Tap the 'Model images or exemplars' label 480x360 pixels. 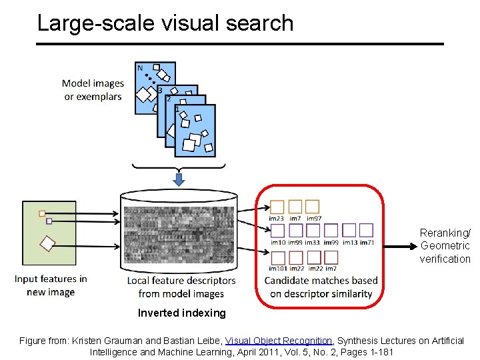[93, 90]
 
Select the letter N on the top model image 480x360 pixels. [140, 68]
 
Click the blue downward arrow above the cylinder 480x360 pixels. [179, 179]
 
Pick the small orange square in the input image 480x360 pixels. [42, 214]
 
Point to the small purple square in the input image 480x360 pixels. [49, 221]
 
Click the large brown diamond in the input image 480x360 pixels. [46, 243]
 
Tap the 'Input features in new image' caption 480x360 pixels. [51, 285]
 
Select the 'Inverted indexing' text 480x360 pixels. [181, 313]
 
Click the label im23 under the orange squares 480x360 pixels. [276, 219]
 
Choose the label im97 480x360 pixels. [314, 219]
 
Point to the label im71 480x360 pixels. [367, 242]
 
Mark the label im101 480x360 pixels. [278, 269]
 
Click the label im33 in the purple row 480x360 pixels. [312, 242]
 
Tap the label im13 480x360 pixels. [349, 242]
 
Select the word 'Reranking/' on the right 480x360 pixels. [445, 233]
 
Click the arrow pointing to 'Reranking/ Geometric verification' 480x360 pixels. [400, 246]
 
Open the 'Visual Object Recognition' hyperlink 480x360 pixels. [279, 341]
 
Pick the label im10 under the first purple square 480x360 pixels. [278, 242]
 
